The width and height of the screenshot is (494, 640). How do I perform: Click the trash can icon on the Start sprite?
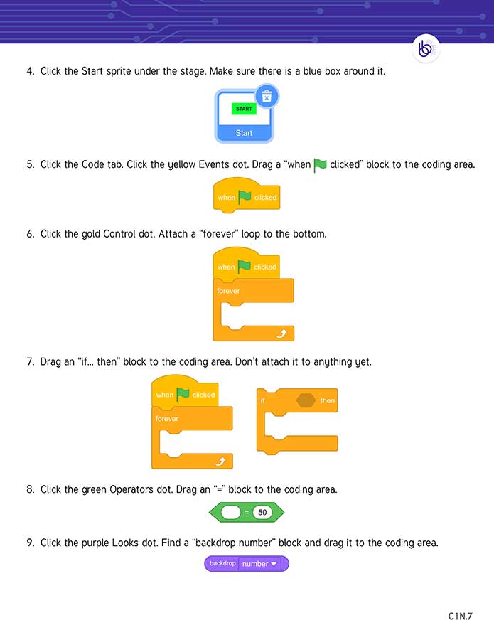click(x=267, y=97)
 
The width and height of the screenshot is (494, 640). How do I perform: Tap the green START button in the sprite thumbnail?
click(x=244, y=109)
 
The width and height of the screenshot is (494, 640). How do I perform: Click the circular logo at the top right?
click(x=426, y=49)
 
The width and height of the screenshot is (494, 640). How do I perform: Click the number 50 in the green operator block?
click(x=262, y=512)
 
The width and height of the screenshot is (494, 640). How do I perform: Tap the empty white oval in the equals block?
click(x=232, y=512)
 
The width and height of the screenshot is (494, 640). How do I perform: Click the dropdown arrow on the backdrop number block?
click(x=274, y=564)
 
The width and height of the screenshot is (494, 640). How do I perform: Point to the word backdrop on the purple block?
click(x=222, y=563)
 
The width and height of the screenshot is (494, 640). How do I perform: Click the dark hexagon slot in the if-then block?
click(x=306, y=400)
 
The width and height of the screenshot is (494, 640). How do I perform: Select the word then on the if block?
click(x=327, y=400)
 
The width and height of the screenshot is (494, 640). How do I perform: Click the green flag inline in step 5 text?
click(x=320, y=165)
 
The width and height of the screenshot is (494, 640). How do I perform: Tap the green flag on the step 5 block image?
click(x=245, y=196)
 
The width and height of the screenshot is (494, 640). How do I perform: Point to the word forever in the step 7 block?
click(x=167, y=419)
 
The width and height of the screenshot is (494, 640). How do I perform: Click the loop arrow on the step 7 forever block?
click(x=219, y=462)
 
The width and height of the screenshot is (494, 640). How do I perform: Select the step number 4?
click(x=31, y=71)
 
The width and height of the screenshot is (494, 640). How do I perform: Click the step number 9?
click(x=31, y=543)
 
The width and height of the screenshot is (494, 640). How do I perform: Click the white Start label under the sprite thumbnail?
click(x=244, y=133)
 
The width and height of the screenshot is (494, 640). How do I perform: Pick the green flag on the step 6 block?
click(x=245, y=267)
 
